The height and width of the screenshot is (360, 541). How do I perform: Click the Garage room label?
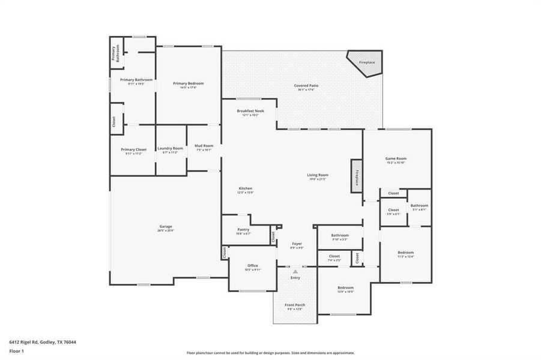[x=165, y=226]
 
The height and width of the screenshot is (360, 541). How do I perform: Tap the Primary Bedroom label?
[x=188, y=83]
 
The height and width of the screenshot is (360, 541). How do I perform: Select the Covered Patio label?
[x=306, y=86]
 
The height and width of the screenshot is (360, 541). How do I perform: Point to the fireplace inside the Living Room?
[x=356, y=176]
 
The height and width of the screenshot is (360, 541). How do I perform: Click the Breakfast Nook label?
[x=250, y=111]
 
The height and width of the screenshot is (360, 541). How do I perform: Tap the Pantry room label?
[x=243, y=229]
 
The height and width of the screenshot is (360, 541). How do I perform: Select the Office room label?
[x=253, y=266]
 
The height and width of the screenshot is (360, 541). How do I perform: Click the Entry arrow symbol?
[x=295, y=272]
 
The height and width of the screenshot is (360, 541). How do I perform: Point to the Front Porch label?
[x=295, y=305]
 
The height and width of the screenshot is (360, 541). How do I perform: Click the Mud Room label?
[x=204, y=146]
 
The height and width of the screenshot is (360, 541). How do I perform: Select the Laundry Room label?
[x=170, y=148]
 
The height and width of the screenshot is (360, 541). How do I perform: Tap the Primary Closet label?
[x=133, y=149]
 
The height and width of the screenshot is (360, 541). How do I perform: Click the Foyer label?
[x=297, y=244]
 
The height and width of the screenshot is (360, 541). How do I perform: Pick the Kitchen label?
[x=246, y=188]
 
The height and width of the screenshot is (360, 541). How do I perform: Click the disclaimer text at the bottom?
[x=270, y=353]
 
